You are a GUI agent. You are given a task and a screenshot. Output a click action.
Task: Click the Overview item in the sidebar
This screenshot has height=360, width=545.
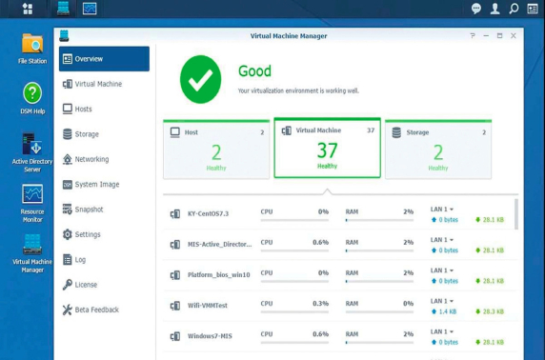click(x=89, y=59)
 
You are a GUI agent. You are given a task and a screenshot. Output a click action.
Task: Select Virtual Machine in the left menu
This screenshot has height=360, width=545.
click(x=97, y=84)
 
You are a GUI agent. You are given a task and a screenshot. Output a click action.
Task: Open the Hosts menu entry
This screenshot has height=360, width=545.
click(x=83, y=109)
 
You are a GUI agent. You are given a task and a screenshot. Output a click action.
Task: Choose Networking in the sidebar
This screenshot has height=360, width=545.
click(x=91, y=159)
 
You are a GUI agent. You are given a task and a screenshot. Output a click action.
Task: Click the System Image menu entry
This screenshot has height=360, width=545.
click(x=96, y=185)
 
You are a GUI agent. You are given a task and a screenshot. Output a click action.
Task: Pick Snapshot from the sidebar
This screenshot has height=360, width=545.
click(x=89, y=210)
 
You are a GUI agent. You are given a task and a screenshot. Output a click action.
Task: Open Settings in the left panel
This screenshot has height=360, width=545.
click(x=87, y=234)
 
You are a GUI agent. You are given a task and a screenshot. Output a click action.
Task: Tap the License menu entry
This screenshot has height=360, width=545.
click(x=86, y=284)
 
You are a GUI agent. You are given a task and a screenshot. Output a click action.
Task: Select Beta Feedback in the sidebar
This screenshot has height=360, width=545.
click(x=96, y=310)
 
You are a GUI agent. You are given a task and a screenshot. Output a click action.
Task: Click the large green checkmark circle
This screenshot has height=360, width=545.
click(x=200, y=79)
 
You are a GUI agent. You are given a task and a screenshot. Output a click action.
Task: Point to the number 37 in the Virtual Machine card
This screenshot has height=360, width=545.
click(x=327, y=150)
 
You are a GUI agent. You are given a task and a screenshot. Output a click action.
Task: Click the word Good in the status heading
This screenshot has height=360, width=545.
click(x=254, y=70)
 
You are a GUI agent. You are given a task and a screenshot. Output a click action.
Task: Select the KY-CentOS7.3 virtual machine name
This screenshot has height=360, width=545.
click(x=208, y=213)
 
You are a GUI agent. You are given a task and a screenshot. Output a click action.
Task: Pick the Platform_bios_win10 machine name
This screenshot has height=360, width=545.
click(x=219, y=275)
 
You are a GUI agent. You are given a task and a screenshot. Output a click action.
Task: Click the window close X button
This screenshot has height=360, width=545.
click(x=514, y=35)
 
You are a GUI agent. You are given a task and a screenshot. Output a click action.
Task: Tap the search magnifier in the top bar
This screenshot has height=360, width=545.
click(x=514, y=9)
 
